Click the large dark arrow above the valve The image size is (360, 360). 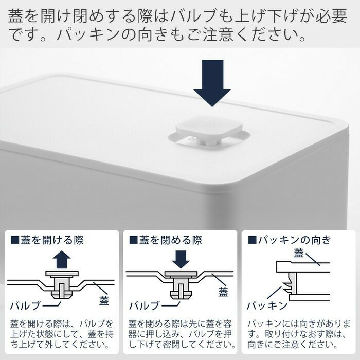click(x=212, y=83)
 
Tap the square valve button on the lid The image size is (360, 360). click(x=209, y=128)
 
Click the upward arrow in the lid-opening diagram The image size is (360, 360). click(x=62, y=259)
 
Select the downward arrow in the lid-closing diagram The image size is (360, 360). click(x=181, y=259)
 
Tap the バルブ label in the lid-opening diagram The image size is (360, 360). click(x=25, y=305)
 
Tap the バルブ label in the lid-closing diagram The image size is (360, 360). click(x=144, y=305)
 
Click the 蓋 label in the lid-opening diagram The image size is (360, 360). click(x=104, y=301)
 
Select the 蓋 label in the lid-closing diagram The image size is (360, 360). click(x=223, y=293)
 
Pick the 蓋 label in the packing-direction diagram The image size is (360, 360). click(x=299, y=253)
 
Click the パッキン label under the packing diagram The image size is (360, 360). click(x=267, y=305)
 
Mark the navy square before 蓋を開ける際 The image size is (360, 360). click(x=15, y=240)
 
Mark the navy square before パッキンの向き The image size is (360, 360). click(x=252, y=240)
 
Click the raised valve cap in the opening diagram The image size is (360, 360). click(x=62, y=274)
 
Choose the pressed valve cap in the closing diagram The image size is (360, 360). click(x=181, y=274)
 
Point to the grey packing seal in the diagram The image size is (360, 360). click(x=291, y=283)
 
